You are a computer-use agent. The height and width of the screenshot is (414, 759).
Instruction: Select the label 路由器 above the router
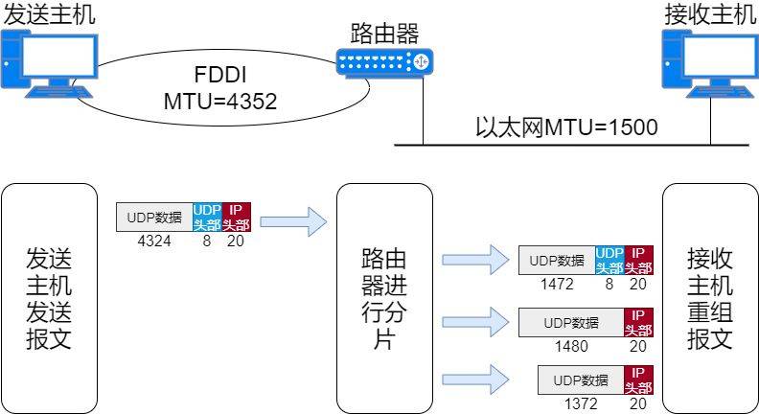tap(384, 34)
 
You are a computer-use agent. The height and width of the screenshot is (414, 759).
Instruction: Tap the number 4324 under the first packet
tap(154, 241)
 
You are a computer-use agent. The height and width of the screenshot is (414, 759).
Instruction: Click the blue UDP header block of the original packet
tap(207, 217)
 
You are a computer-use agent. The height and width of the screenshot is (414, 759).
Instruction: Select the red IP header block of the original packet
tap(236, 217)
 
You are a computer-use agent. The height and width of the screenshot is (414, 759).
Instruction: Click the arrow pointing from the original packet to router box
tap(293, 223)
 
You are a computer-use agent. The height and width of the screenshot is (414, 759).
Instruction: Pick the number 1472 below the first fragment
tap(557, 285)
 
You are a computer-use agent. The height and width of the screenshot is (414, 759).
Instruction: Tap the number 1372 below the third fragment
tap(580, 404)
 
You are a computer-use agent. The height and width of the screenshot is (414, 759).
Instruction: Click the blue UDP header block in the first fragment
tap(609, 260)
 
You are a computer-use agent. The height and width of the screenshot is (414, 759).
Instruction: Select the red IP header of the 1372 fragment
tap(638, 379)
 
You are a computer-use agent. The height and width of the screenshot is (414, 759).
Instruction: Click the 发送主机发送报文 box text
tap(49, 299)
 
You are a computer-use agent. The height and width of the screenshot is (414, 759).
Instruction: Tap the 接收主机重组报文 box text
tap(710, 299)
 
